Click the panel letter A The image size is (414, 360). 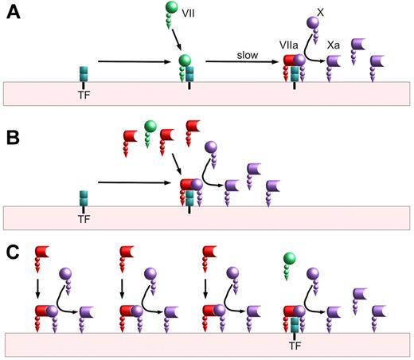[x=12, y=15]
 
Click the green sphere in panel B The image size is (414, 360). [x=150, y=127]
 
